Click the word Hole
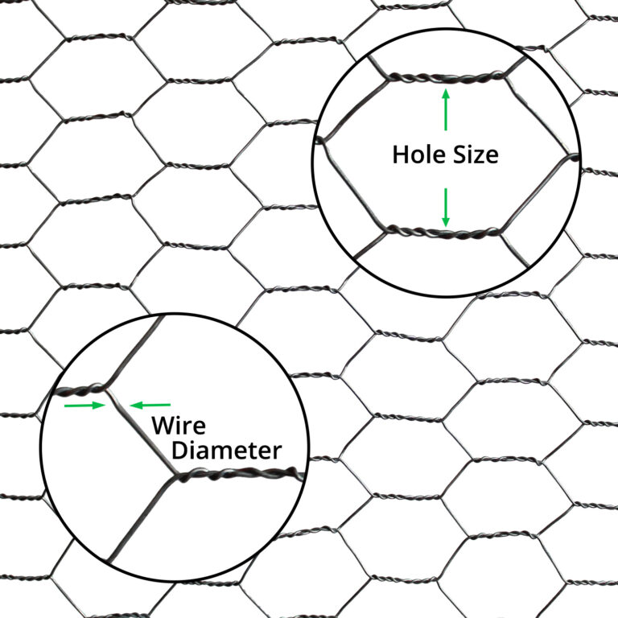[x=419, y=154]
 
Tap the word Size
[x=475, y=154]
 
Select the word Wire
[x=179, y=425]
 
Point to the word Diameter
[x=227, y=450]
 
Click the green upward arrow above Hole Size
[x=446, y=109]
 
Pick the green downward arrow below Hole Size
[x=446, y=208]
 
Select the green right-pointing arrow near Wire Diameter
[x=84, y=406]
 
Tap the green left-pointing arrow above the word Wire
[x=150, y=405]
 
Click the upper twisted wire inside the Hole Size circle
[x=447, y=77]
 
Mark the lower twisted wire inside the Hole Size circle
[x=443, y=233]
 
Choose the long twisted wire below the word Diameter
[x=241, y=473]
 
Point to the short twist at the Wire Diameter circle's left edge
[x=80, y=389]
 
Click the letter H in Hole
[x=400, y=154]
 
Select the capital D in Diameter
[x=179, y=450]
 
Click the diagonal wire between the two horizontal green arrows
[x=117, y=405]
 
